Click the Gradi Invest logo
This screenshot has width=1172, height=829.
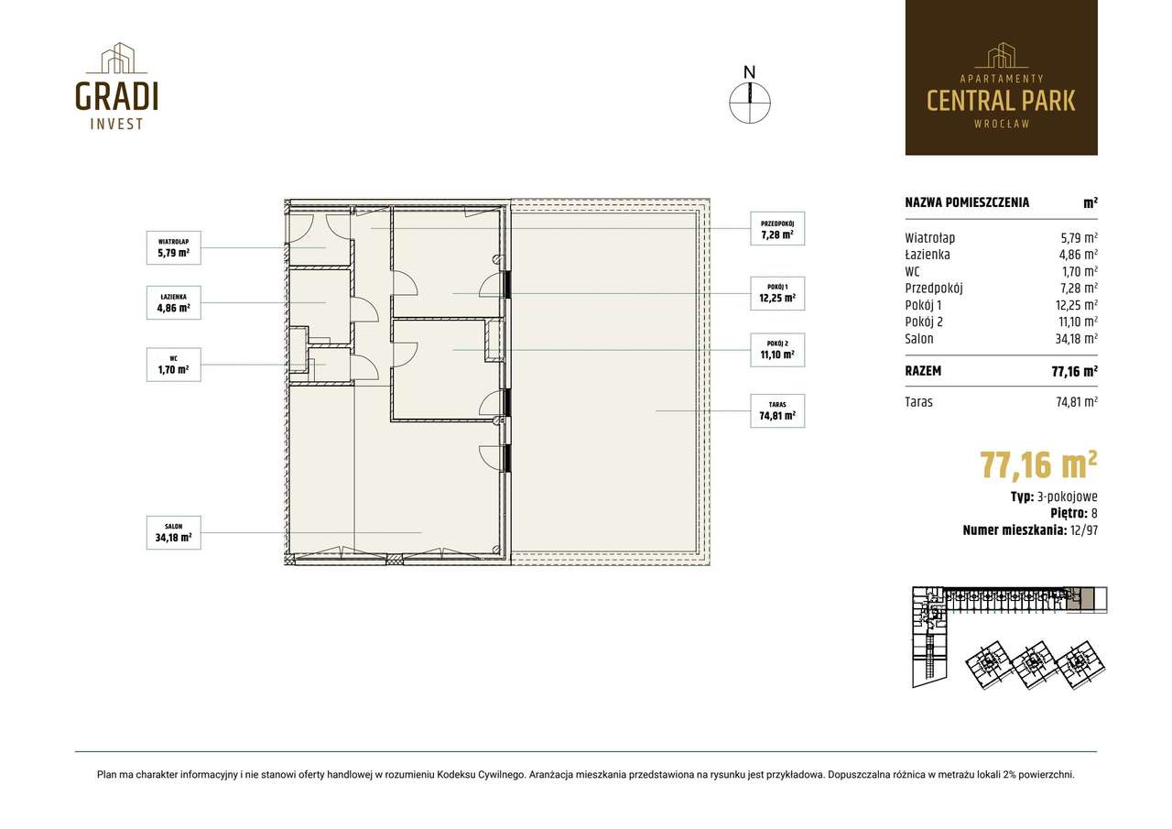click(x=116, y=86)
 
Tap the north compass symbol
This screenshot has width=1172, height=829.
click(x=750, y=96)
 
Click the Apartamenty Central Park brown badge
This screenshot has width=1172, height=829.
click(x=1002, y=78)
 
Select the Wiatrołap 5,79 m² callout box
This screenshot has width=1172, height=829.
click(x=174, y=247)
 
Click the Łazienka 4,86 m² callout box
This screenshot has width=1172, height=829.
click(x=174, y=302)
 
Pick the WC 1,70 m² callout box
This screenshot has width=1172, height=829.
click(x=174, y=365)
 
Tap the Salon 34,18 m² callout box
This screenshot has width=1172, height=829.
click(x=174, y=532)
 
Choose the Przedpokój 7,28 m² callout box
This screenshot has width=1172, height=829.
click(x=777, y=229)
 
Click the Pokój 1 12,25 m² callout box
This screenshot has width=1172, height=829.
click(x=777, y=294)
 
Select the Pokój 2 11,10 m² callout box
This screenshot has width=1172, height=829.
click(x=777, y=350)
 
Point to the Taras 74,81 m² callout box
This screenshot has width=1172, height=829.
click(x=777, y=411)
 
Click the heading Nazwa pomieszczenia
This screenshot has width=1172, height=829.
click(x=967, y=202)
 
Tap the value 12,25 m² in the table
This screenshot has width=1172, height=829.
click(x=1076, y=305)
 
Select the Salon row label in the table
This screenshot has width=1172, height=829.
click(x=919, y=339)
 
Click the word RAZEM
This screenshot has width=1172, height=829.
click(x=923, y=371)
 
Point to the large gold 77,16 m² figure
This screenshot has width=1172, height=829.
click(x=1038, y=464)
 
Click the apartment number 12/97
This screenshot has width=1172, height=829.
click(x=1084, y=530)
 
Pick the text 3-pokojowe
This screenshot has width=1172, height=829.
click(x=1068, y=496)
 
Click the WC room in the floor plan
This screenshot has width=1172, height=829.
click(x=330, y=365)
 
